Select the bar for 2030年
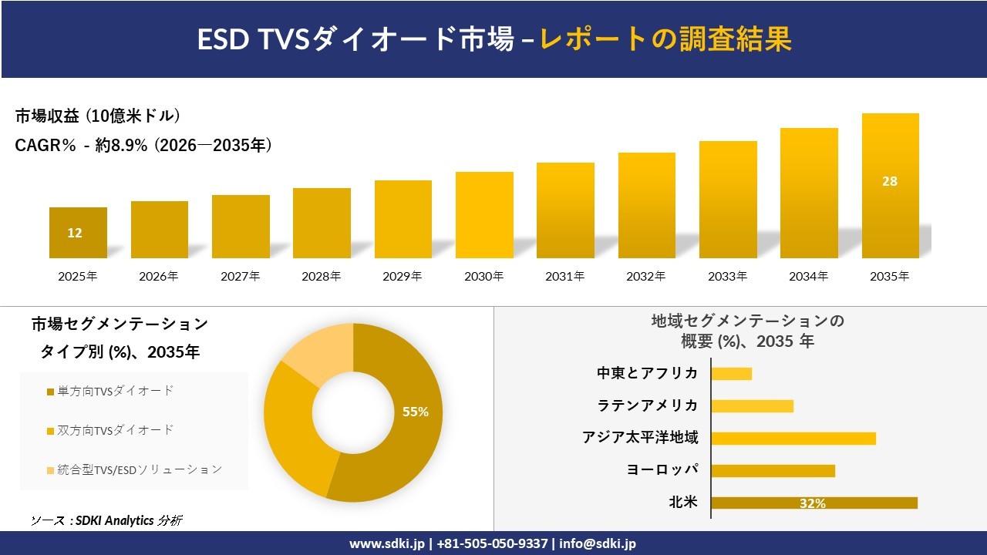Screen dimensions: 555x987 click(x=484, y=214)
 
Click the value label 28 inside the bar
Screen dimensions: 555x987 click(x=890, y=182)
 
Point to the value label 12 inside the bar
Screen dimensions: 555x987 click(x=75, y=233)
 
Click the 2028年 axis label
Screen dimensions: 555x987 click(x=322, y=276)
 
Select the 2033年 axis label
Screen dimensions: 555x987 click(x=728, y=276)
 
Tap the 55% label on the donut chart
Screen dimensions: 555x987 click(x=416, y=412)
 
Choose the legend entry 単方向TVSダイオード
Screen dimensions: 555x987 click(x=111, y=392)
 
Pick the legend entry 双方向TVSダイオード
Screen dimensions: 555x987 click(x=111, y=430)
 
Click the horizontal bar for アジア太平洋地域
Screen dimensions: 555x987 click(x=793, y=439)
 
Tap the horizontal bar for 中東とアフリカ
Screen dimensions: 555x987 click(x=731, y=374)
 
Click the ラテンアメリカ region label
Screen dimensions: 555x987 click(x=648, y=405)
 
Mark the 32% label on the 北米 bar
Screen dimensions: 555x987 click(x=813, y=503)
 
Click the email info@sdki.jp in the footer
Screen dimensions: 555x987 click(x=598, y=543)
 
